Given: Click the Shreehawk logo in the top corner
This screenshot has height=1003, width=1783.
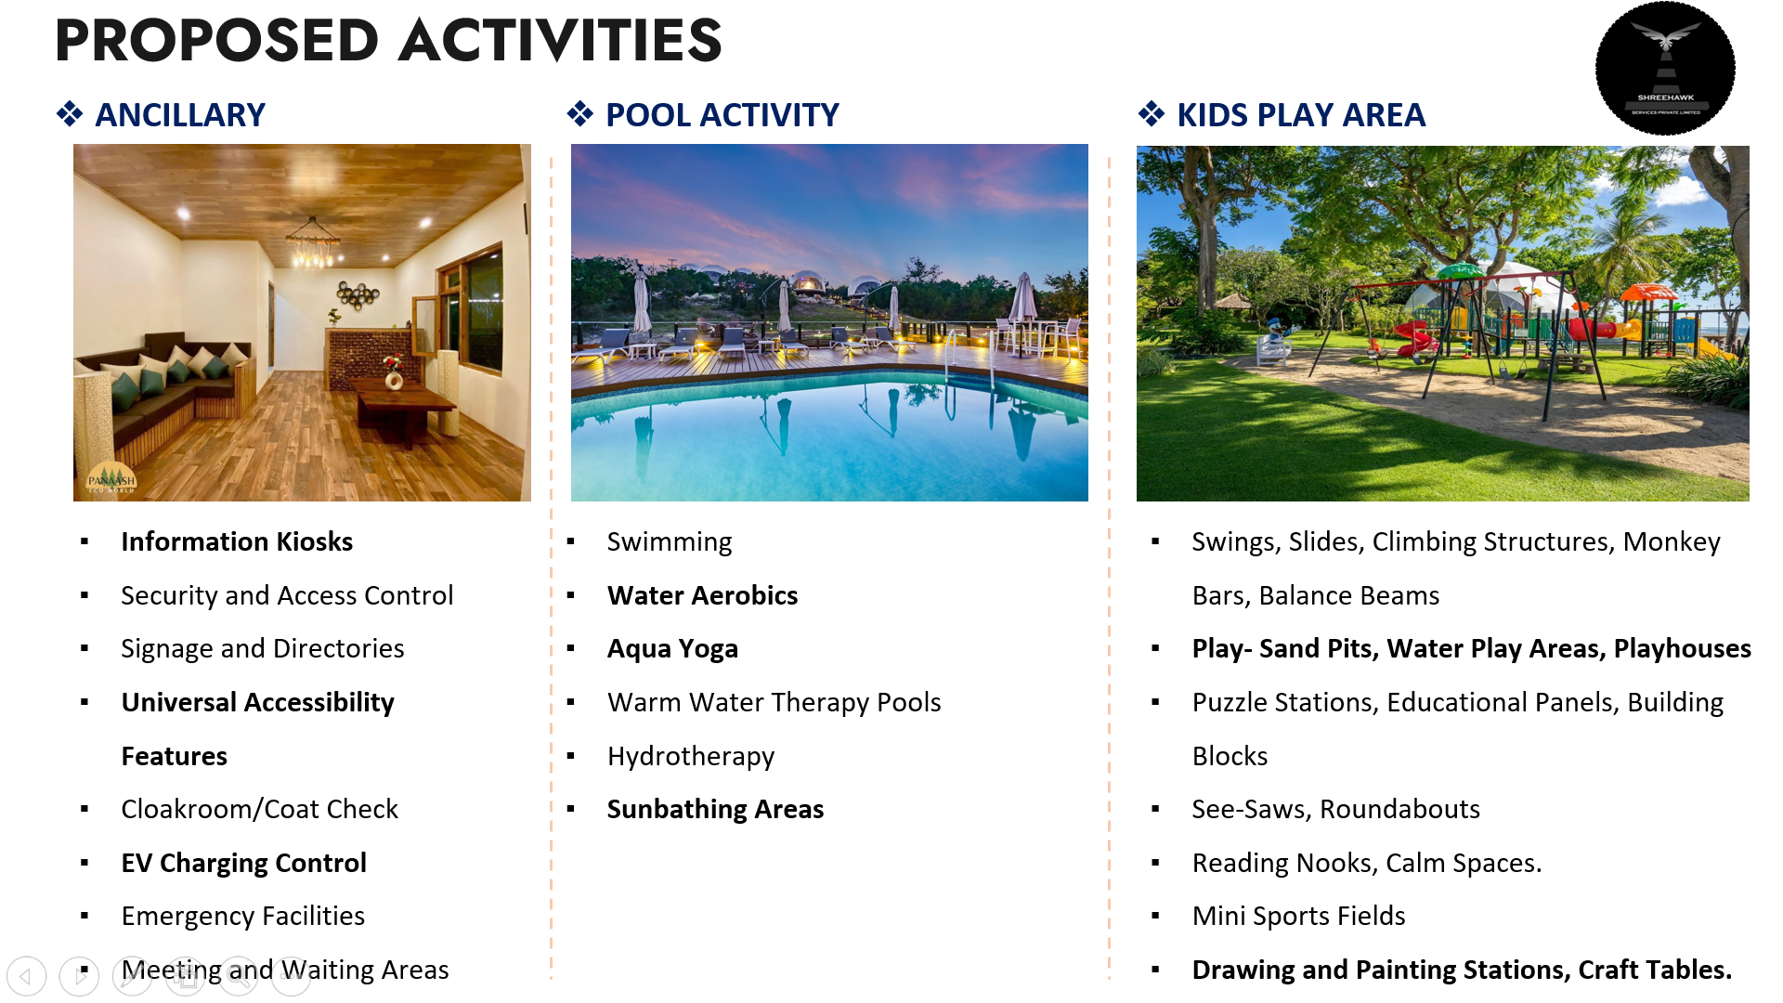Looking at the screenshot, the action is click(x=1665, y=69).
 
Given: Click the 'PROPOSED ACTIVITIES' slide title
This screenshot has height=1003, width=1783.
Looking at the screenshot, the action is click(x=388, y=41).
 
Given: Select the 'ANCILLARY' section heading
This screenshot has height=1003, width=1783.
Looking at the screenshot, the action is click(x=180, y=115).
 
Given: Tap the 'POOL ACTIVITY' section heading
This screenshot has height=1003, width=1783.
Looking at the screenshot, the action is click(x=722, y=115).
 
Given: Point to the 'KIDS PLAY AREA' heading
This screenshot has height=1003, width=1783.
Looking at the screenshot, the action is click(x=1301, y=115).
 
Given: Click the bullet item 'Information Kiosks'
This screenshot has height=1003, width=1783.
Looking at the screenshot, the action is click(x=237, y=541).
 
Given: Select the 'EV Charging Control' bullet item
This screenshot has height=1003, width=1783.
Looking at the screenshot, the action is click(x=243, y=863).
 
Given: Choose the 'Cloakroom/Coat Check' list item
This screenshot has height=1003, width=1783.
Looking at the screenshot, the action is click(x=259, y=809).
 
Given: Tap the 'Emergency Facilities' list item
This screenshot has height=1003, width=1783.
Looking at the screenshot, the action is click(x=242, y=917).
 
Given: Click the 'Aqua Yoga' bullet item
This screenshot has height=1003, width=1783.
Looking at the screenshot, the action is click(x=672, y=649).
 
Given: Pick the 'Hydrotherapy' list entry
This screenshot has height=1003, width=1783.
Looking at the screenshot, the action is click(x=690, y=757).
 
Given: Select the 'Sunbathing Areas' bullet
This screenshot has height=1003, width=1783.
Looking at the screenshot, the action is click(x=715, y=810).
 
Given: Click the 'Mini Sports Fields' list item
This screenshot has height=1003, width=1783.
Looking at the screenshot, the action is click(x=1298, y=917).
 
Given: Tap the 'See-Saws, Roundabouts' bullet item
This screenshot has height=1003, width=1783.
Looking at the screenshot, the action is click(x=1335, y=809).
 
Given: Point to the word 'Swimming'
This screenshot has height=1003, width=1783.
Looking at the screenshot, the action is click(x=669, y=542).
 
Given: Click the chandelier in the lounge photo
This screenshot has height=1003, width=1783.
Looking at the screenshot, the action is click(x=312, y=243).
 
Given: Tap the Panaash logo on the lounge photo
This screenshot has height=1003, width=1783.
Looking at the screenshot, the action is click(x=111, y=477).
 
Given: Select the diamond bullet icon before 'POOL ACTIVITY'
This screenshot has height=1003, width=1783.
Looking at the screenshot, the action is click(x=580, y=114).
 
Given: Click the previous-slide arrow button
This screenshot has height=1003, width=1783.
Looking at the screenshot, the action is click(x=26, y=976).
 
